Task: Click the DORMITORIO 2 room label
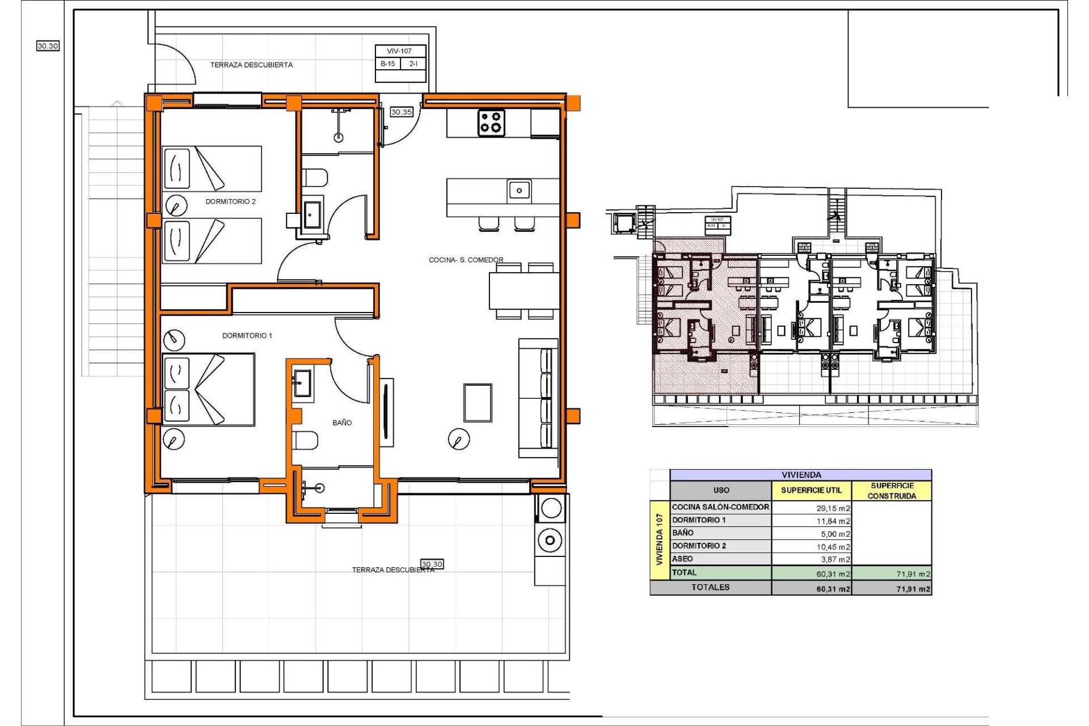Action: [x=230, y=201]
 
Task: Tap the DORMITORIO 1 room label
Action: [x=247, y=336]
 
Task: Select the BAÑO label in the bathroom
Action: [x=342, y=423]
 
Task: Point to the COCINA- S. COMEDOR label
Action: [x=466, y=260]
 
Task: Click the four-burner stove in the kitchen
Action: [x=491, y=123]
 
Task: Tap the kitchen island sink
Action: [x=518, y=190]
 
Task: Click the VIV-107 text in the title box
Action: [x=399, y=51]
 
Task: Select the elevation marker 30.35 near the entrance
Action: [x=402, y=112]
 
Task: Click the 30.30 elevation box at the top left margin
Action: [x=48, y=46]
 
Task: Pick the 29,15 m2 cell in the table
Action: [x=833, y=508]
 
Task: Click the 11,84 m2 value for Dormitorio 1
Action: [x=833, y=521]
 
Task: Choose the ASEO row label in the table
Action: [x=682, y=559]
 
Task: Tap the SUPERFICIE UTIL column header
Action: [x=811, y=490]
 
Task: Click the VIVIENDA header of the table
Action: [x=801, y=475]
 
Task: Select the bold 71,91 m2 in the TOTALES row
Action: [x=913, y=589]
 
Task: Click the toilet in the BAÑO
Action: [x=305, y=440]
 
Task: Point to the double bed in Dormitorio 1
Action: [x=209, y=389]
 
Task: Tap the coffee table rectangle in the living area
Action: [x=478, y=403]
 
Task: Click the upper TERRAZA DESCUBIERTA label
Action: [x=251, y=65]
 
